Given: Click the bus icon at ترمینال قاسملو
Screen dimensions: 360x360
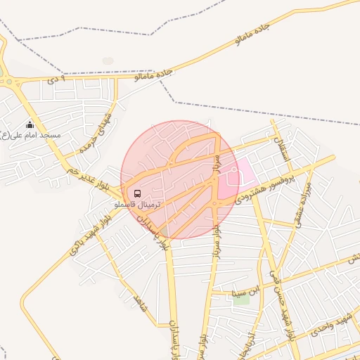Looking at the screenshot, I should (x=136, y=193).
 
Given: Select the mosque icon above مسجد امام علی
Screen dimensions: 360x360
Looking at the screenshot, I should (x=30, y=125).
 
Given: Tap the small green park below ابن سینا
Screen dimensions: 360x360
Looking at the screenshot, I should (x=241, y=299).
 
